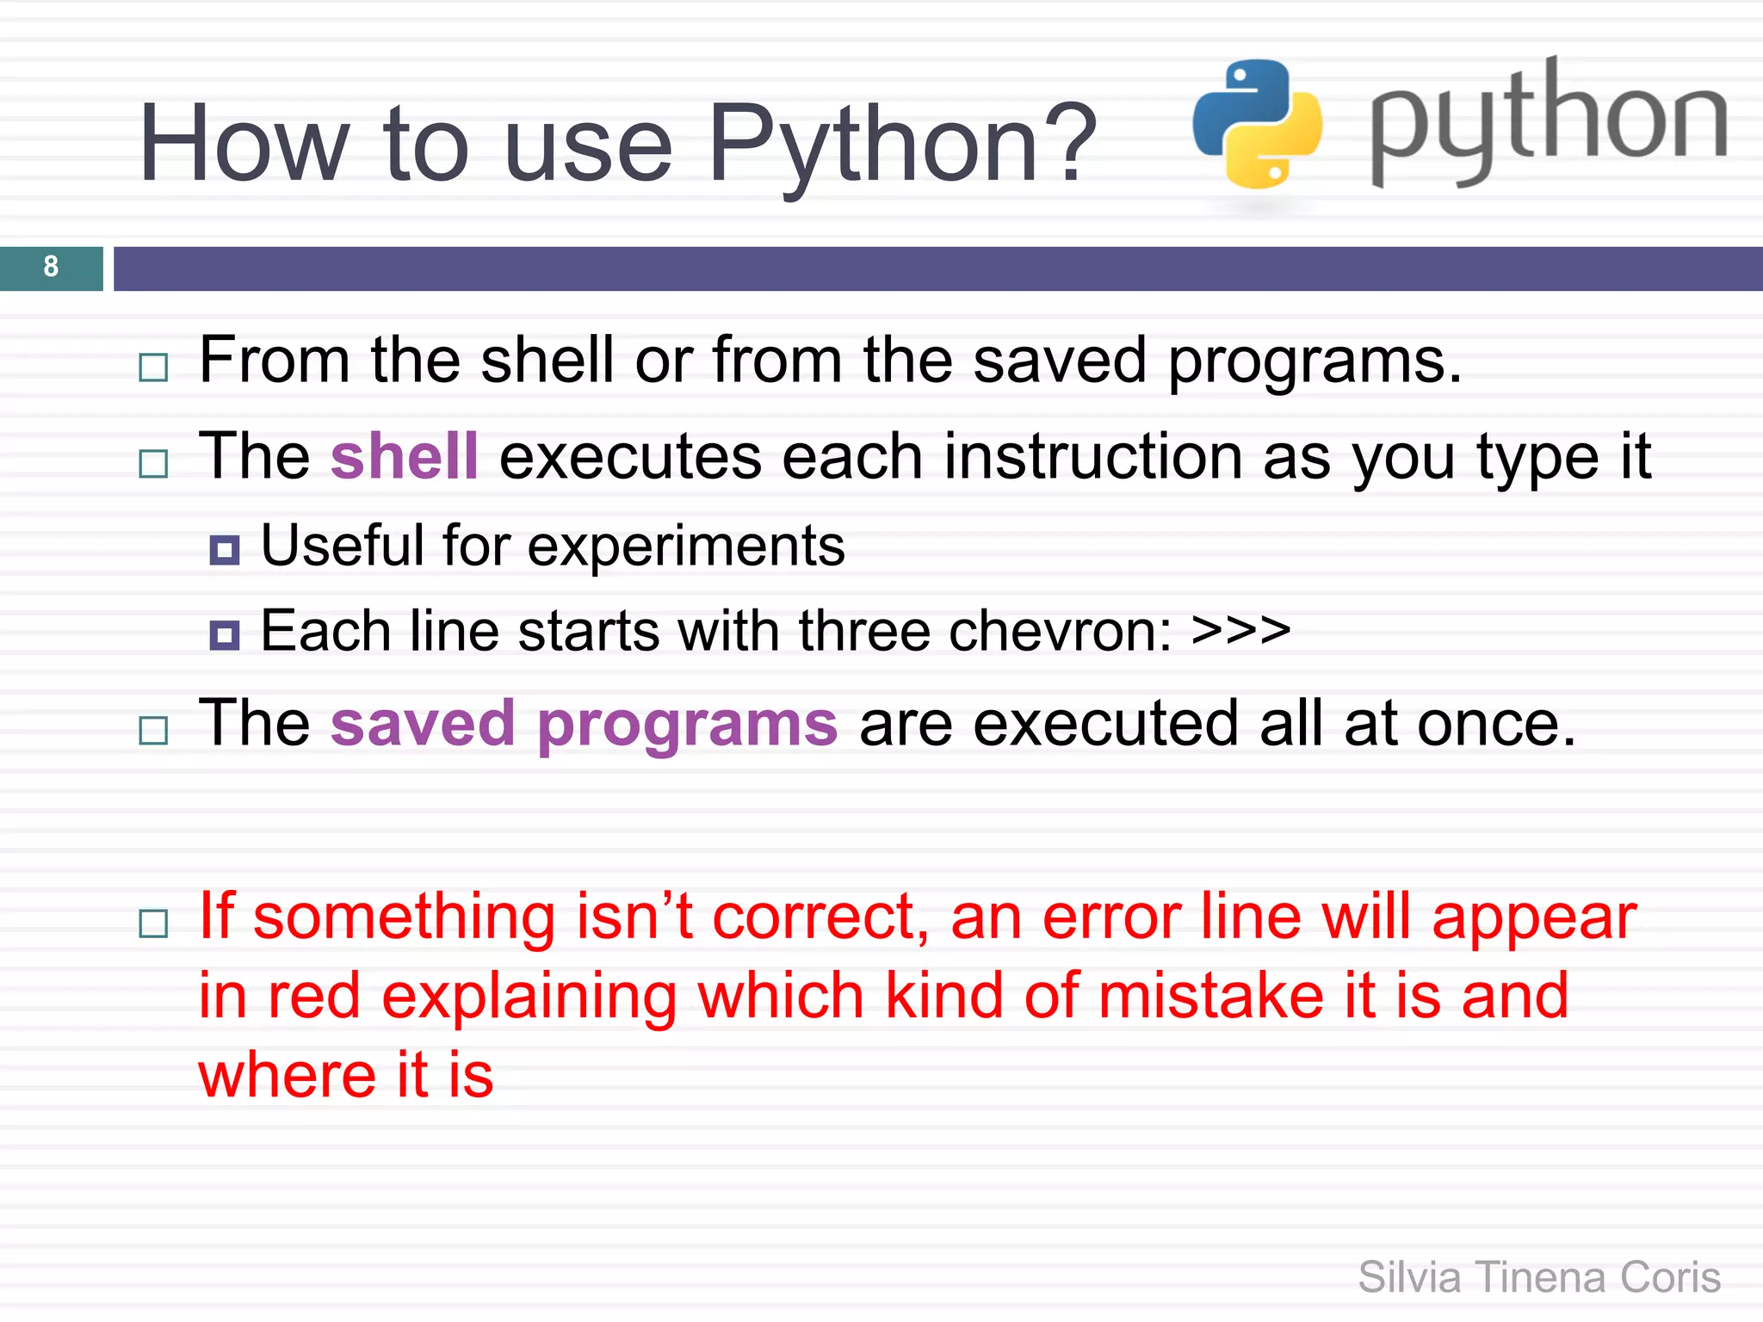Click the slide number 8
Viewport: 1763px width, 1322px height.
tap(51, 267)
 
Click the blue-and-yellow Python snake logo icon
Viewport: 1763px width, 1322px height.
tap(1257, 124)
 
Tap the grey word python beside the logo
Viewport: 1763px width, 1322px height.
tap(1548, 120)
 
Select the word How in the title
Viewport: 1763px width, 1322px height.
tap(244, 145)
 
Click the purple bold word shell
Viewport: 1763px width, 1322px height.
tap(404, 456)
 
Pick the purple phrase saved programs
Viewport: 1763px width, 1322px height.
tap(584, 724)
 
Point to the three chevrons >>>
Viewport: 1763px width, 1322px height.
tap(1240, 631)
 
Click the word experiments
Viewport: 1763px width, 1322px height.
tap(686, 546)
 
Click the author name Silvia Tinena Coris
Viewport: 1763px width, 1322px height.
tap(1538, 1277)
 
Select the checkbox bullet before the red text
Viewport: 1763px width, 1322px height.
tap(153, 924)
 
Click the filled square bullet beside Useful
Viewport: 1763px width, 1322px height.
tap(225, 550)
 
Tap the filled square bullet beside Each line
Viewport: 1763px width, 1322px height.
tap(225, 635)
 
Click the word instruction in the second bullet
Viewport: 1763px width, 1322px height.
tap(1092, 456)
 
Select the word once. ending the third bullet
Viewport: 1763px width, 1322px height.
tap(1495, 724)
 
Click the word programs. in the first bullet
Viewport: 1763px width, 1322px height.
tap(1315, 361)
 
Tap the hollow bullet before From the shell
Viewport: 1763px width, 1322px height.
tap(153, 368)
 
